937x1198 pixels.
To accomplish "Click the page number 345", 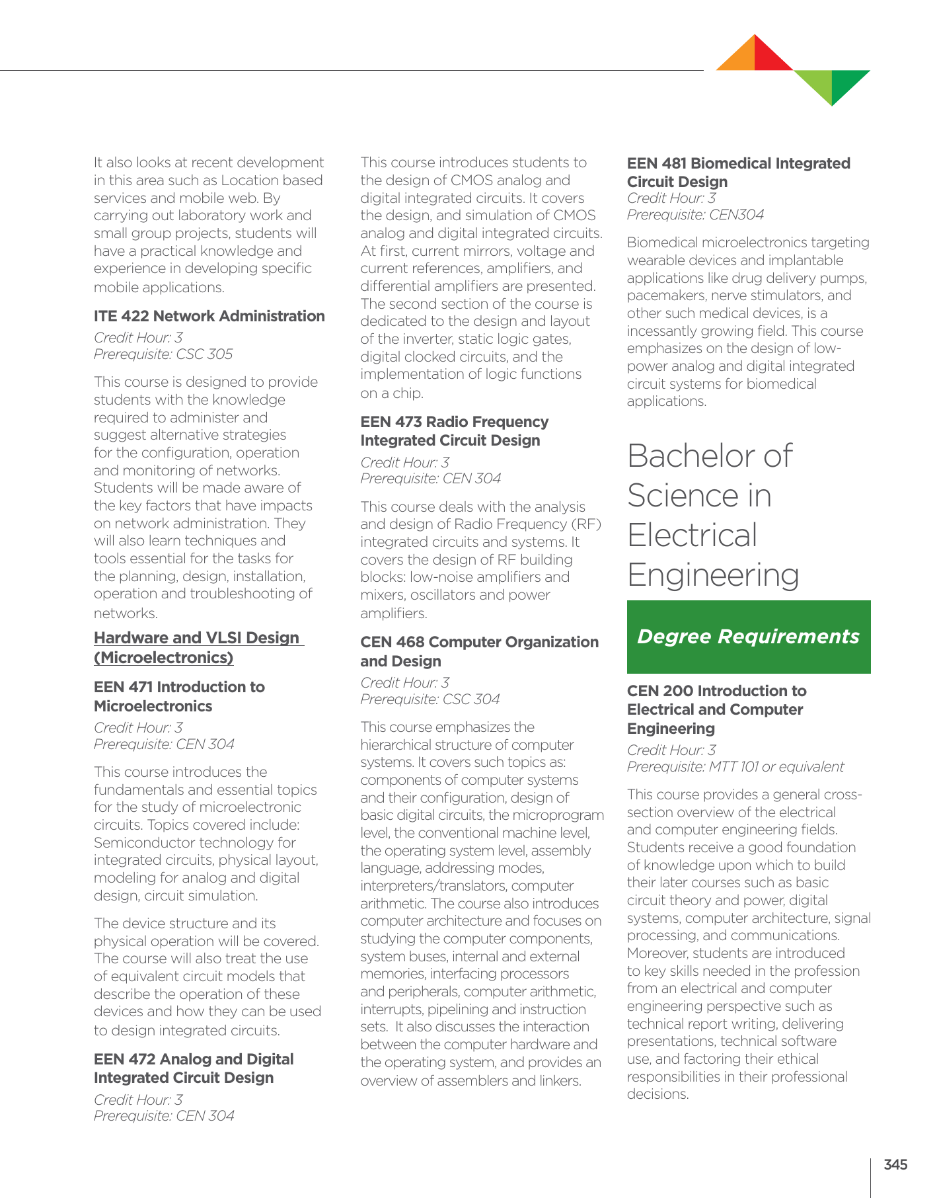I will click(x=895, y=1165).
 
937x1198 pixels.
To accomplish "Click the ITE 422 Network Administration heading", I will click(x=209, y=316).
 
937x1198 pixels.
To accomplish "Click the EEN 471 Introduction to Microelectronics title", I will click(x=179, y=696).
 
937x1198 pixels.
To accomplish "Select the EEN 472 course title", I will click(x=194, y=1068).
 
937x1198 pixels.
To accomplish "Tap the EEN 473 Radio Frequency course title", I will click(x=454, y=431).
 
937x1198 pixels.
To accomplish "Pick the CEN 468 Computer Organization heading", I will click(x=479, y=651).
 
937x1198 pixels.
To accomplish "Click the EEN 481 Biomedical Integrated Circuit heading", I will click(x=738, y=172).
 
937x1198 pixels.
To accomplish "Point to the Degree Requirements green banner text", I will click(x=748, y=637).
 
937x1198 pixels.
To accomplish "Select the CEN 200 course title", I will click(x=716, y=709).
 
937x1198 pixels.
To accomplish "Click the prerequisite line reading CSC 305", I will click(x=163, y=354).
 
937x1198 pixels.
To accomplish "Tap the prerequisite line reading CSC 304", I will click(x=430, y=699).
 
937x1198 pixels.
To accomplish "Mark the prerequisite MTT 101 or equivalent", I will click(x=735, y=767).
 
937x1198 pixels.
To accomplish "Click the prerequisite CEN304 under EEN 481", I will click(x=695, y=215).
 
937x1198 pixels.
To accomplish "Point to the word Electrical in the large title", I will click(x=692, y=536).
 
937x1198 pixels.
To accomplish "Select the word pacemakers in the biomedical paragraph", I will click(x=666, y=296).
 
